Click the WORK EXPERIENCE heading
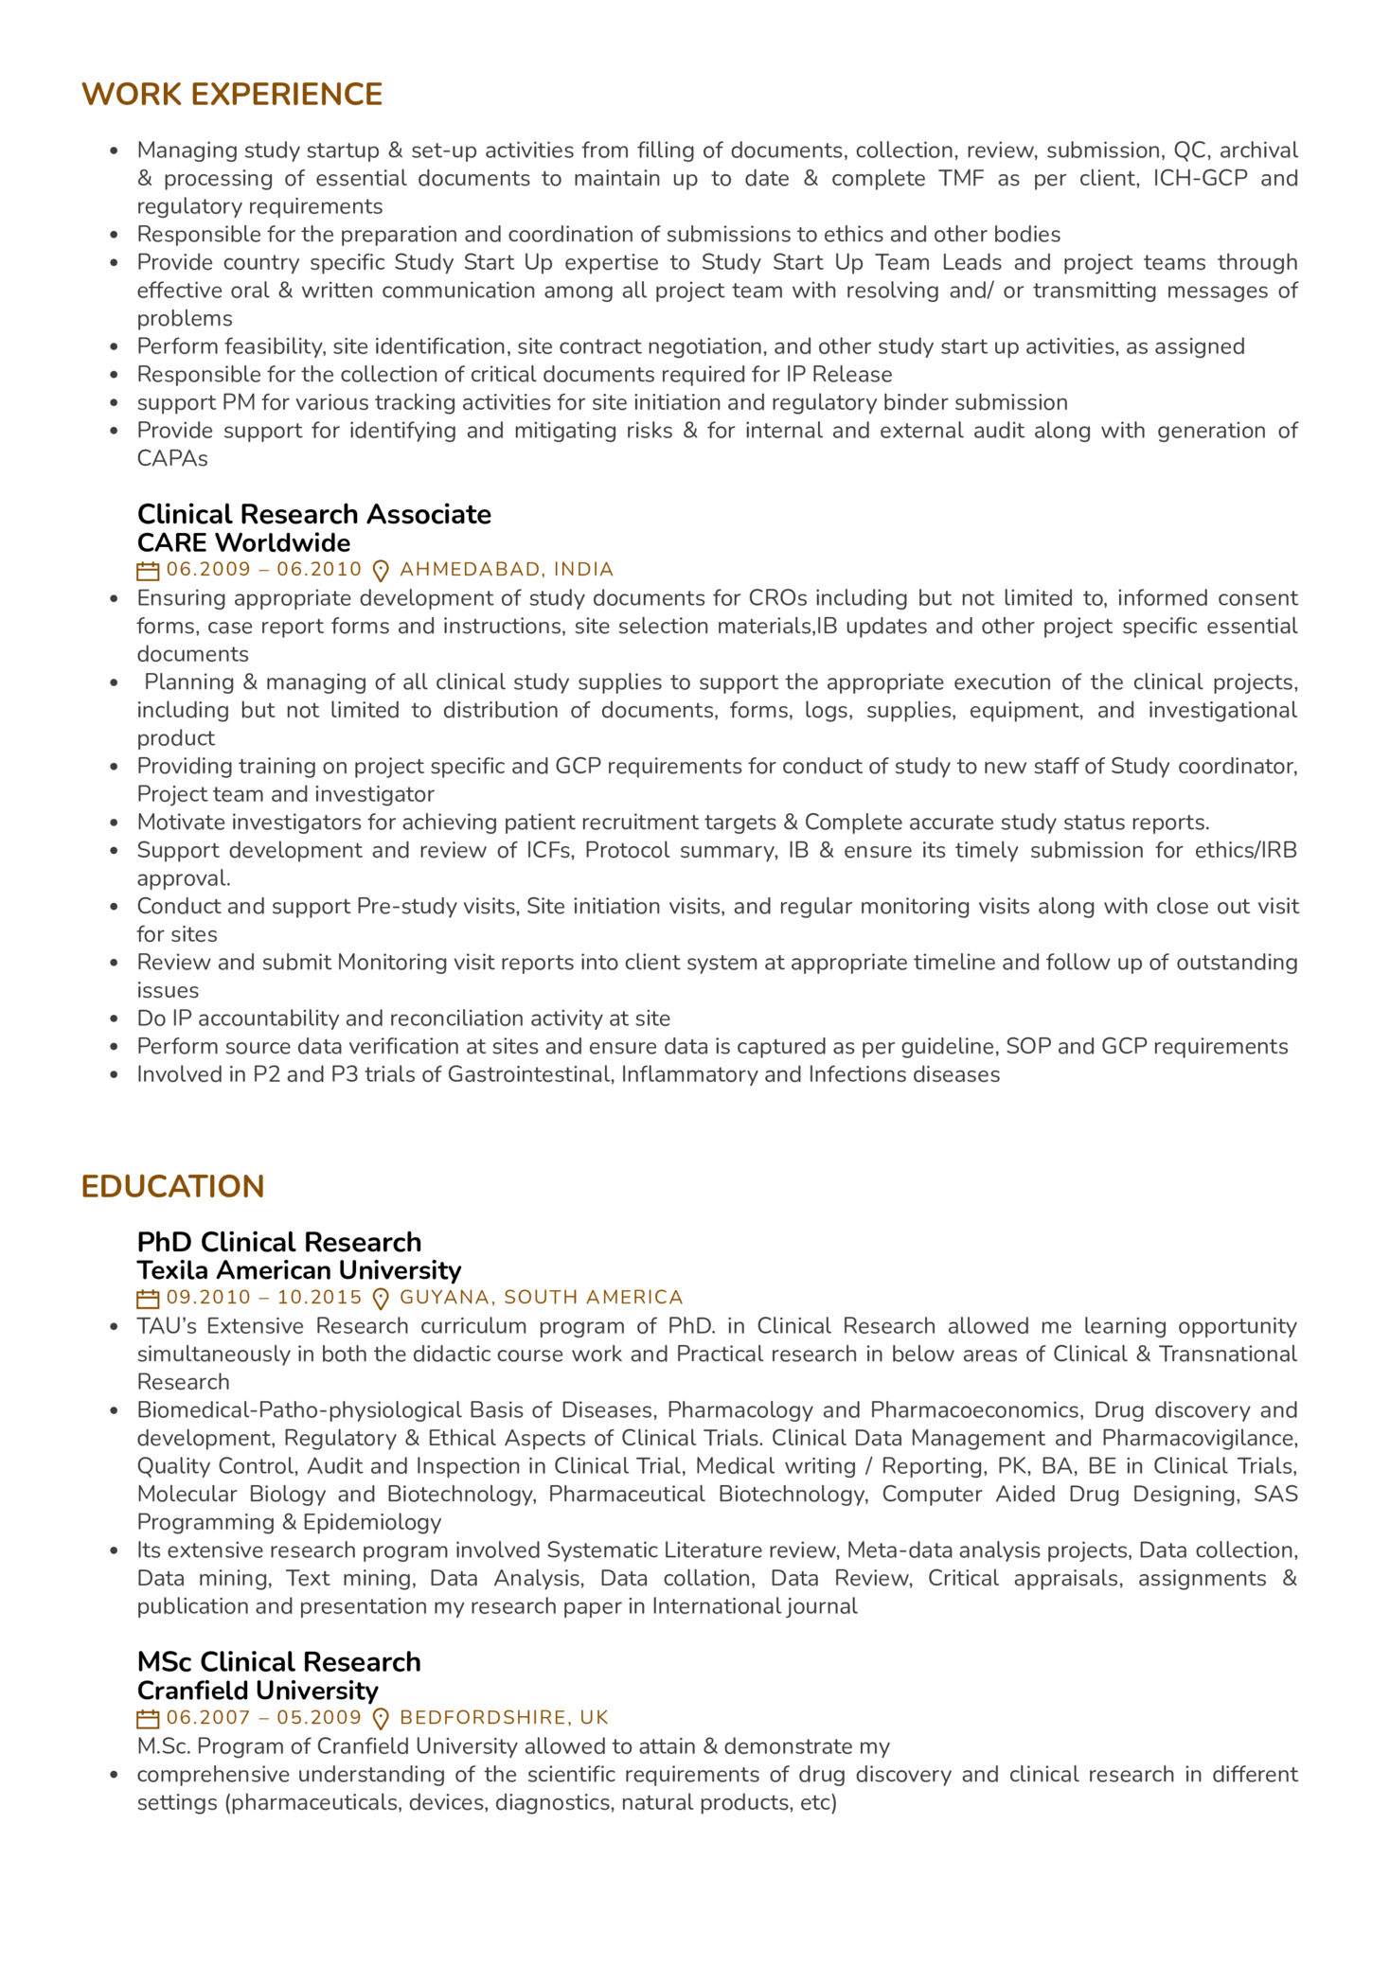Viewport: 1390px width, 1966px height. click(x=232, y=95)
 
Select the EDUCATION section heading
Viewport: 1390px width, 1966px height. click(x=172, y=1187)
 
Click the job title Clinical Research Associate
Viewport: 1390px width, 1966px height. click(x=313, y=514)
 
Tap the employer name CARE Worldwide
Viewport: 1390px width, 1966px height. click(x=243, y=542)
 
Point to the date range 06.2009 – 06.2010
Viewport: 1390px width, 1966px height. click(x=263, y=570)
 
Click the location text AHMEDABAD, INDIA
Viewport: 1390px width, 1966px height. click(x=507, y=570)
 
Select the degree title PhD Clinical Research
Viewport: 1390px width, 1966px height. click(x=279, y=1242)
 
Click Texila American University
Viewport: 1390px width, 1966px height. click(x=299, y=1270)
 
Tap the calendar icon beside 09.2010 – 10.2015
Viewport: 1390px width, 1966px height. click(x=148, y=1299)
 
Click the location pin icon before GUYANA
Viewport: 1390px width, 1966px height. click(x=381, y=1299)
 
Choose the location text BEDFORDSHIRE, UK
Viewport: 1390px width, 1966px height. click(x=504, y=1718)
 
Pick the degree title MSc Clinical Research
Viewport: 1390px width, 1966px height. click(x=278, y=1662)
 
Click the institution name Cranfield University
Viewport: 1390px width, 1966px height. click(x=258, y=1691)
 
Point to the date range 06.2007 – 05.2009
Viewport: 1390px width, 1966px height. click(x=263, y=1718)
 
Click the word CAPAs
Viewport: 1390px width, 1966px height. click(x=172, y=459)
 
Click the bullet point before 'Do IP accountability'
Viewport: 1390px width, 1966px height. click(x=115, y=1019)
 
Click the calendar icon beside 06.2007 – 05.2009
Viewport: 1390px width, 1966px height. click(x=148, y=1719)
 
